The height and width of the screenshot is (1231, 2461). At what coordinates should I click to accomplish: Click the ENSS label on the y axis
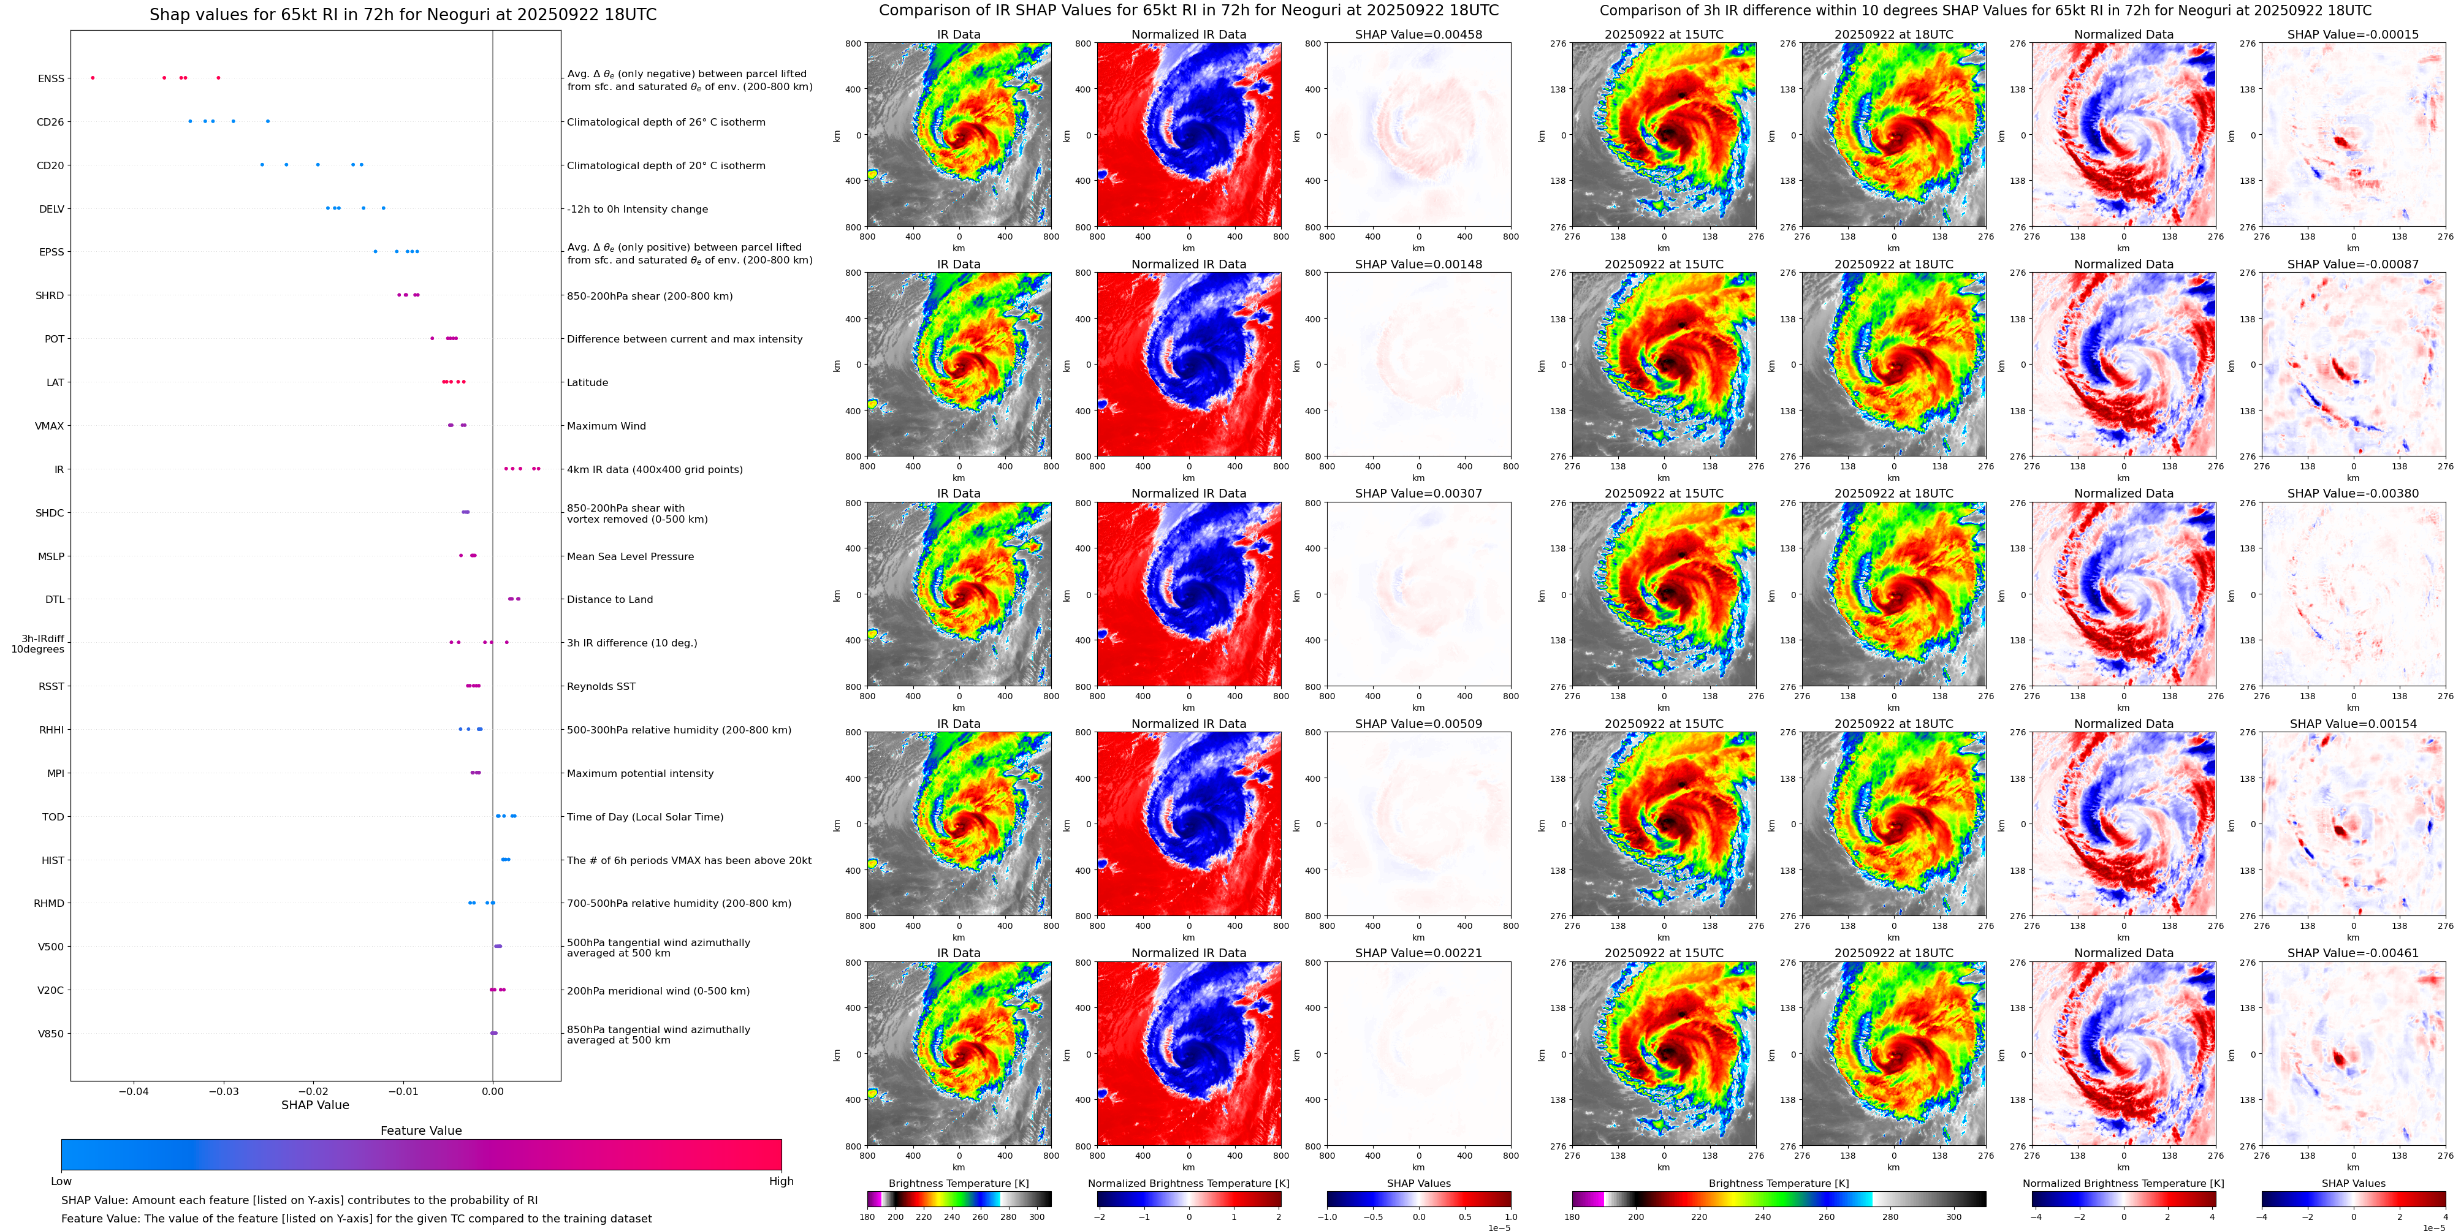[x=51, y=78]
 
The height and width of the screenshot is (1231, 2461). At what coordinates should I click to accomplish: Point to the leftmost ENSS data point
[x=93, y=77]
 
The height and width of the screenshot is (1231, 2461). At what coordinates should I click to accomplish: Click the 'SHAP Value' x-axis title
[x=314, y=1105]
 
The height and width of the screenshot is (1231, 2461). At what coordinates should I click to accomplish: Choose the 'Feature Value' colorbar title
[x=420, y=1131]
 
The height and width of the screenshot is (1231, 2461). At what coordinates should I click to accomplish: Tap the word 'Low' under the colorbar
[x=61, y=1181]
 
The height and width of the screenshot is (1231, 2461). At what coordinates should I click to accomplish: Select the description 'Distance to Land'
[x=609, y=600]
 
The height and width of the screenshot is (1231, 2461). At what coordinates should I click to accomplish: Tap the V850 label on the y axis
[x=51, y=1033]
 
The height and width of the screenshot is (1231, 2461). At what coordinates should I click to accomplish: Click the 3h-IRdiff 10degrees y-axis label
[x=38, y=643]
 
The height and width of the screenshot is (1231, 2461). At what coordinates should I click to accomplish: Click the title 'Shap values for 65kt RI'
[x=402, y=14]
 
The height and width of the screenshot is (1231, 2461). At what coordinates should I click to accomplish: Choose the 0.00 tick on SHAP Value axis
[x=492, y=1091]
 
